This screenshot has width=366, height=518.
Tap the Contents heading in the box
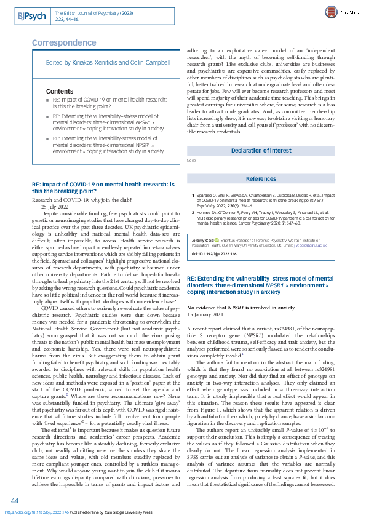click(x=60, y=91)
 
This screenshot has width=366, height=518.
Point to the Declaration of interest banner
click(x=261, y=150)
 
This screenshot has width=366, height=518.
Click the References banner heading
click(x=261, y=179)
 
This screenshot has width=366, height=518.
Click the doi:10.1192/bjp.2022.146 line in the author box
click(x=209, y=253)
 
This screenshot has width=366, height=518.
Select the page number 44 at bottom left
click(x=15, y=500)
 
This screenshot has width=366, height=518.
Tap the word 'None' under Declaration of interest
click(x=191, y=161)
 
